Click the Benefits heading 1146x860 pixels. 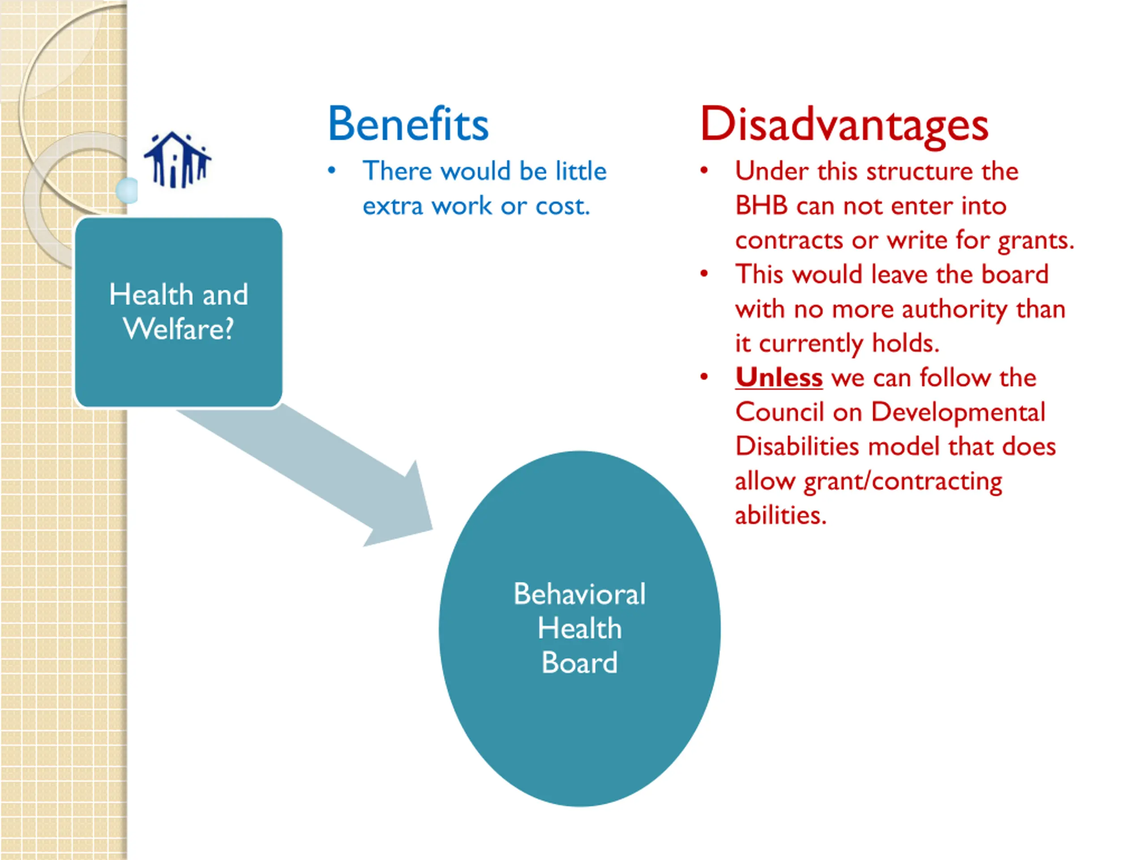tap(408, 124)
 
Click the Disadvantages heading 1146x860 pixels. tap(844, 125)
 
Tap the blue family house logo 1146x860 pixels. tap(177, 159)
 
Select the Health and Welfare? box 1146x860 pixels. tap(179, 312)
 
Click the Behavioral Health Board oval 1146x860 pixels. tap(579, 628)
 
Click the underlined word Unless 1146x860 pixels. tap(778, 378)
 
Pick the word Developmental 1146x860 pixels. tap(958, 412)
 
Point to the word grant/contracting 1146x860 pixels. tap(902, 482)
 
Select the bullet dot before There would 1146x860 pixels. tap(332, 171)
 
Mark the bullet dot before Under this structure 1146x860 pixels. tap(704, 171)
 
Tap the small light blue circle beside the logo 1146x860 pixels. tap(128, 190)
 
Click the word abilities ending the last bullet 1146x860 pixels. tap(780, 515)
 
